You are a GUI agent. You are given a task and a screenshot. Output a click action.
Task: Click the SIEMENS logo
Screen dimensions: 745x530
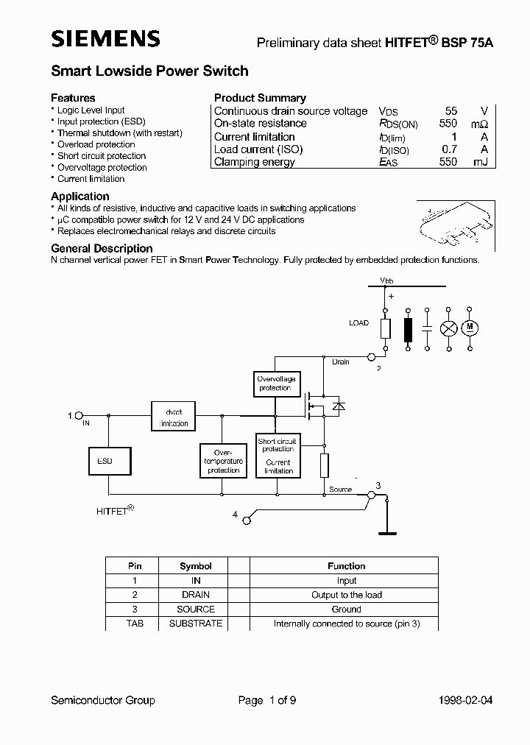[x=105, y=39]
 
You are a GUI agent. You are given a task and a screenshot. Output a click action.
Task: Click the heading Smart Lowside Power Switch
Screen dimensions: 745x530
[x=149, y=71]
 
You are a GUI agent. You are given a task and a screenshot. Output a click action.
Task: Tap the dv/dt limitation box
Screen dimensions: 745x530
[x=174, y=417]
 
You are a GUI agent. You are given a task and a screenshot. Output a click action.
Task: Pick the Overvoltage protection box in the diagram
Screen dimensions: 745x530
[x=275, y=383]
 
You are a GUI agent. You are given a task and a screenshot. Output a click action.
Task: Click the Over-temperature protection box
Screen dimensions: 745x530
[x=223, y=460]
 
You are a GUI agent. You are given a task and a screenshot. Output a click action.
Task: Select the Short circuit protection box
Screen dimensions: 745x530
[x=278, y=455]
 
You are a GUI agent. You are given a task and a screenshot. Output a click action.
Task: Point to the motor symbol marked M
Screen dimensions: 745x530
[x=469, y=326]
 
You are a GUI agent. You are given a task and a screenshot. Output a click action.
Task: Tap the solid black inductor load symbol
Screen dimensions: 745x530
[x=408, y=328]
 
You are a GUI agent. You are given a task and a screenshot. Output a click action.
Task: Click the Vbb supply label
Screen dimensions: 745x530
[x=386, y=280]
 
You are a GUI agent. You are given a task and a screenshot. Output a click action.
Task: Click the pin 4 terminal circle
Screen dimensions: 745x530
[x=247, y=519]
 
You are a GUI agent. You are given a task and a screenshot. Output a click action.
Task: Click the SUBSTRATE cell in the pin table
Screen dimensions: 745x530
[x=195, y=623]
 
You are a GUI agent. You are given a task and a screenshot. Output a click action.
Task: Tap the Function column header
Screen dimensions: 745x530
[x=346, y=566]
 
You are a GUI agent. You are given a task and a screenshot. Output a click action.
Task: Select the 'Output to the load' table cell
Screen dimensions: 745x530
[x=346, y=595]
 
